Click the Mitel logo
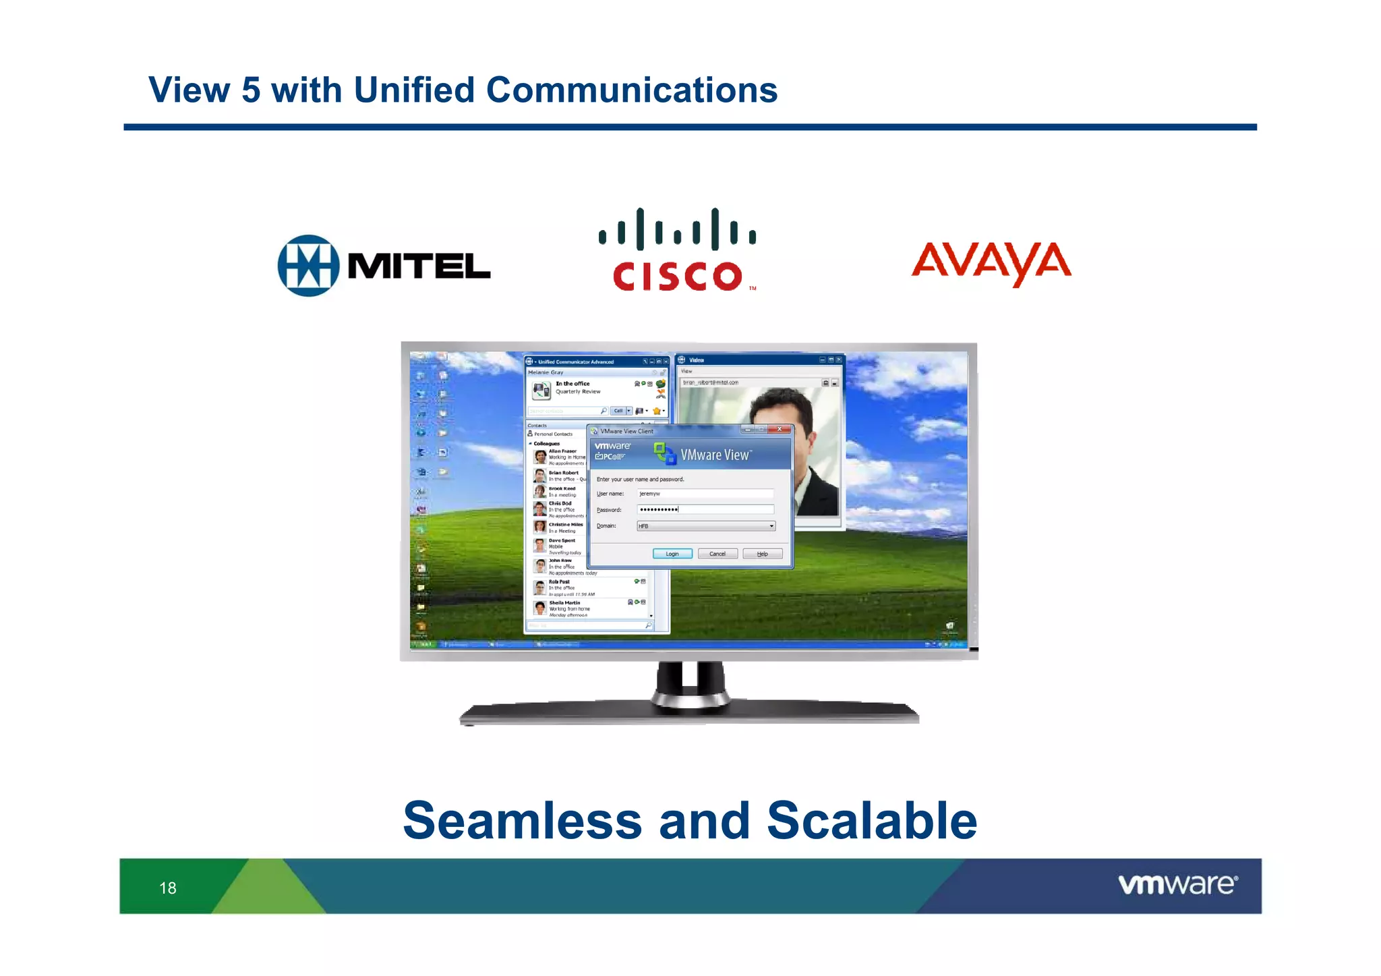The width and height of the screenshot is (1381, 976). pos(383,266)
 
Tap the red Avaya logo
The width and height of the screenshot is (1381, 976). pos(991,263)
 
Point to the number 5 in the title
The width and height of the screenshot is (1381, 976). pos(251,90)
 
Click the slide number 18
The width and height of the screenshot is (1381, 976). pos(168,888)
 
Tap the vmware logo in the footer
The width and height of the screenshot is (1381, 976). pos(1177,884)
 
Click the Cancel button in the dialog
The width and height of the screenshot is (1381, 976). pos(717,554)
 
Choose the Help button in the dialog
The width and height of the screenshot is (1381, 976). pos(762,554)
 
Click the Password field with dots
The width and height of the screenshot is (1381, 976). pos(705,509)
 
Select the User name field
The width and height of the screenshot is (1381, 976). pos(705,494)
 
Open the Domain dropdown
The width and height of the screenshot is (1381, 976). pos(771,526)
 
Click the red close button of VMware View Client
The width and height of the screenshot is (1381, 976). pos(780,430)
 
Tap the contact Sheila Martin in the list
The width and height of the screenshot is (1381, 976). pos(565,603)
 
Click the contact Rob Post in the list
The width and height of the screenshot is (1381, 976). pos(560,582)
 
